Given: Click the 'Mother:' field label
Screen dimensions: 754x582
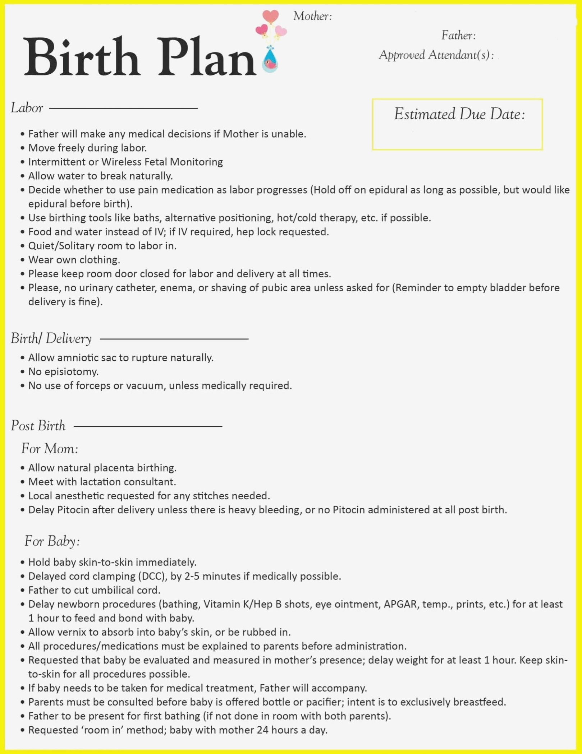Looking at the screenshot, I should pyautogui.click(x=312, y=16).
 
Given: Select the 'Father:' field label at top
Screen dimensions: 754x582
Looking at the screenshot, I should pyautogui.click(x=458, y=35).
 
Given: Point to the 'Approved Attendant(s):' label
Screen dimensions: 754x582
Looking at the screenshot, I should pyautogui.click(x=436, y=55).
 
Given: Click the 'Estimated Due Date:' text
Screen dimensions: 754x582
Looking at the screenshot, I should pyautogui.click(x=459, y=114).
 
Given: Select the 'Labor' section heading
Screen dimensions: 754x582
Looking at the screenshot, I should pyautogui.click(x=27, y=108).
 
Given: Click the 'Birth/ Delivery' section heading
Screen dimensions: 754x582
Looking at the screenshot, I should pyautogui.click(x=51, y=338).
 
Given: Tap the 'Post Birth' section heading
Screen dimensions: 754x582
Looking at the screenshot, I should pyautogui.click(x=38, y=426).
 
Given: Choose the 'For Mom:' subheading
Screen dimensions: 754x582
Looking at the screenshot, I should pyautogui.click(x=50, y=449).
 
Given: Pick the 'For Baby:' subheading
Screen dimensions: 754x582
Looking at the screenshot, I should pyautogui.click(x=52, y=541).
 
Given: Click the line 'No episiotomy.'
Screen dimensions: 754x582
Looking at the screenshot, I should pyautogui.click(x=63, y=371).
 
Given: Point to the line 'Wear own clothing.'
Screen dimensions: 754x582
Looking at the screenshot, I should pyautogui.click(x=74, y=260).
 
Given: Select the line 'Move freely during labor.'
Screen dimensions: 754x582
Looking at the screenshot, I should pyautogui.click(x=87, y=148).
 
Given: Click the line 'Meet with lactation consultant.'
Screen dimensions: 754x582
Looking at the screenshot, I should pyautogui.click(x=102, y=482).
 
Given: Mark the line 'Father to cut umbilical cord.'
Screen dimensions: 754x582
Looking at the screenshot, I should pyautogui.click(x=94, y=590).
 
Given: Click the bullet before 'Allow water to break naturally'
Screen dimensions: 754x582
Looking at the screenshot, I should pyautogui.click(x=23, y=176).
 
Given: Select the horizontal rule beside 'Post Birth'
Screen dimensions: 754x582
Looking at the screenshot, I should pyautogui.click(x=148, y=426).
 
